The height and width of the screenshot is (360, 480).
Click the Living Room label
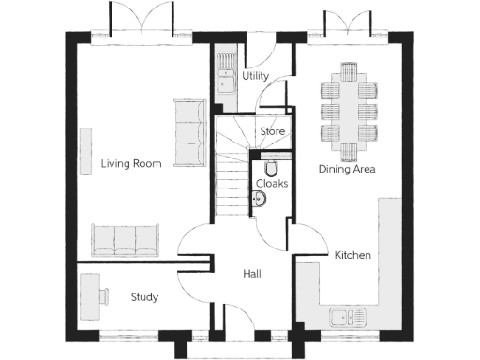tap(131, 164)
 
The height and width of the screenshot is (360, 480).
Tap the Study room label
tap(143, 297)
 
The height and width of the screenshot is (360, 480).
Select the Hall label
tap(251, 274)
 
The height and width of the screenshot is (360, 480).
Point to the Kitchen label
tap(352, 255)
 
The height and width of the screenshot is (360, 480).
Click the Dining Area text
tap(347, 170)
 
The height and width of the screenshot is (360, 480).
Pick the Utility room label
tap(256, 75)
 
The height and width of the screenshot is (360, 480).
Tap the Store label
tap(272, 132)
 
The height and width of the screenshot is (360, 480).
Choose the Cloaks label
tap(272, 184)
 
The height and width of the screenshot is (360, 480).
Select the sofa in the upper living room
tap(191, 132)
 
